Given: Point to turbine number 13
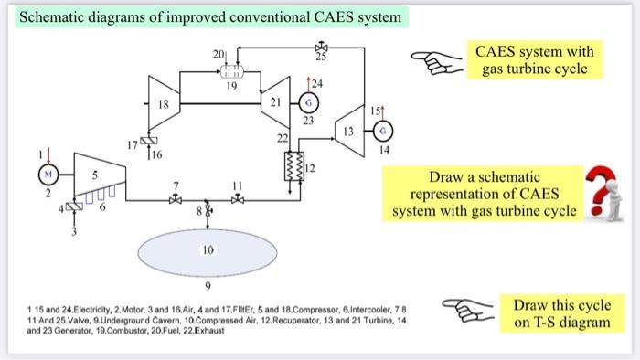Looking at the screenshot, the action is [348, 130].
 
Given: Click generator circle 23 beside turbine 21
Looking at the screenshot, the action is [308, 103].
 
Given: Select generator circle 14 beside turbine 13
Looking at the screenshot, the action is [383, 130].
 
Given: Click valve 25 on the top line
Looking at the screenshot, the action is [321, 47].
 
